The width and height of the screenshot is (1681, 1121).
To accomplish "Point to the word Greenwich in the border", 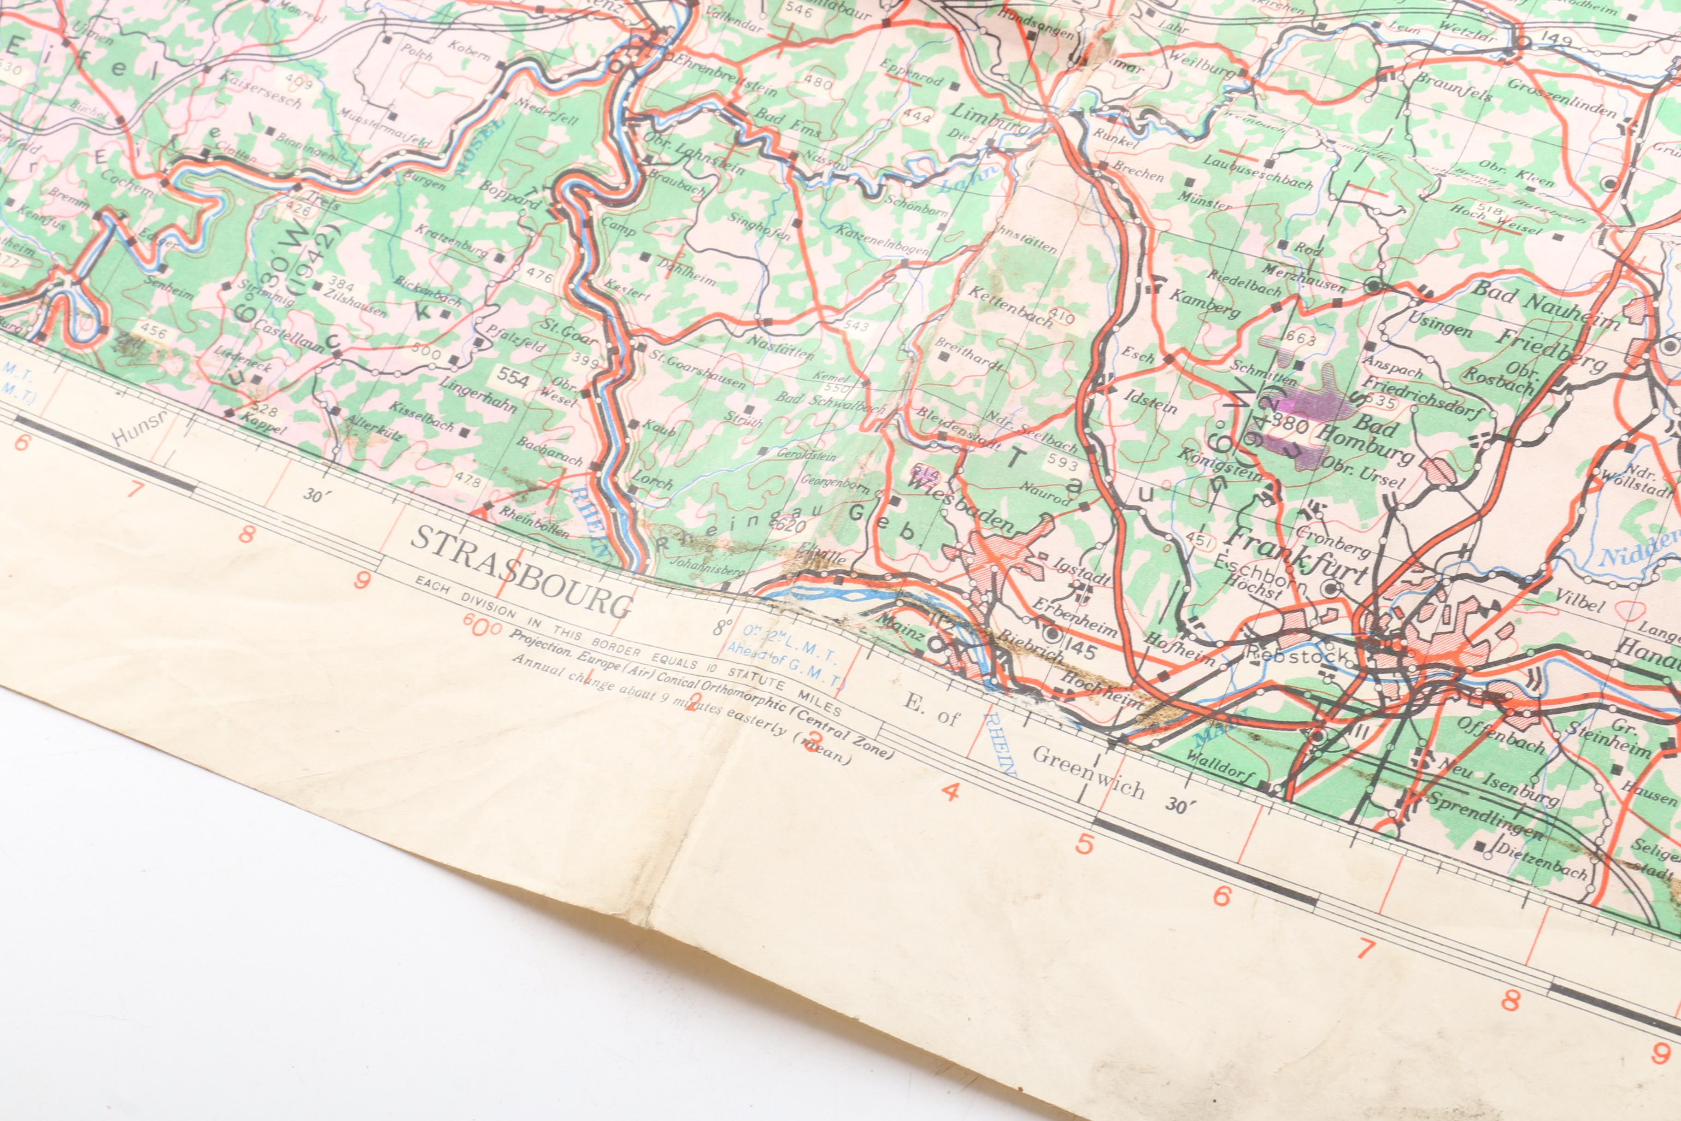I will [x=1088, y=773].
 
